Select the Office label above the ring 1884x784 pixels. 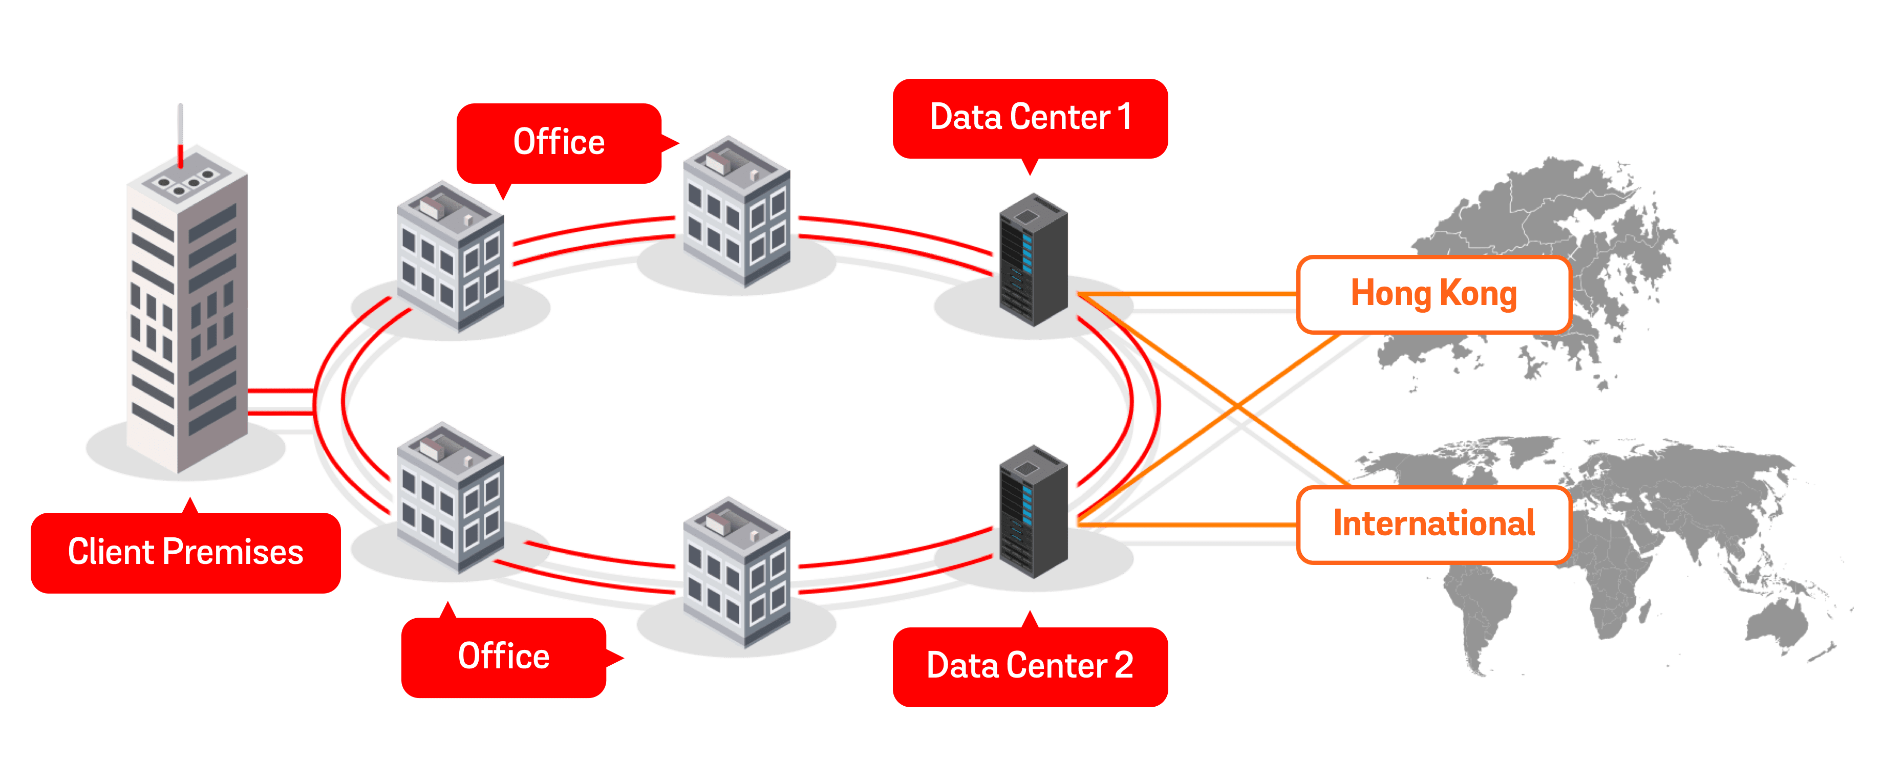559,142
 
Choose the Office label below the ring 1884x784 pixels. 503,657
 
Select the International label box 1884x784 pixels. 1433,524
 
